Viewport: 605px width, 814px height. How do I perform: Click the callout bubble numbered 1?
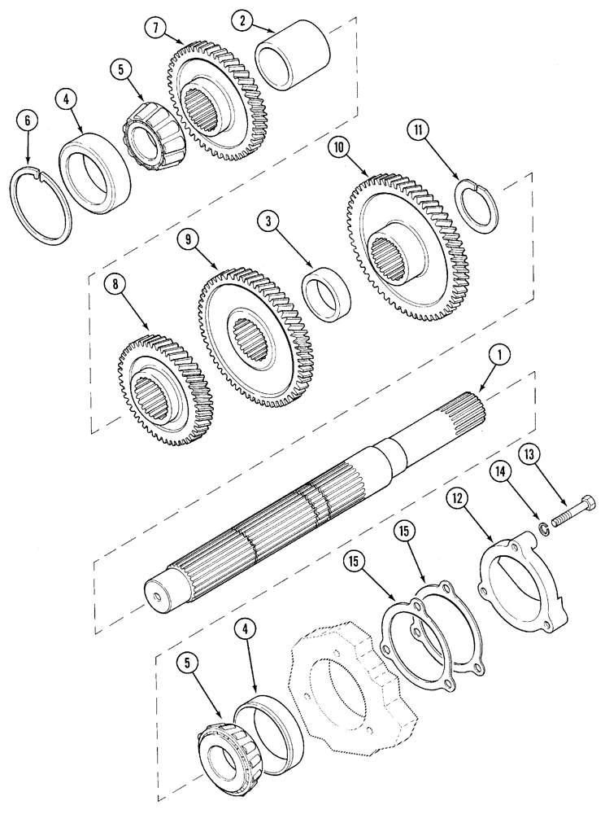tap(498, 355)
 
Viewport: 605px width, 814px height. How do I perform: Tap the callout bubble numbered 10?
tap(339, 147)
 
